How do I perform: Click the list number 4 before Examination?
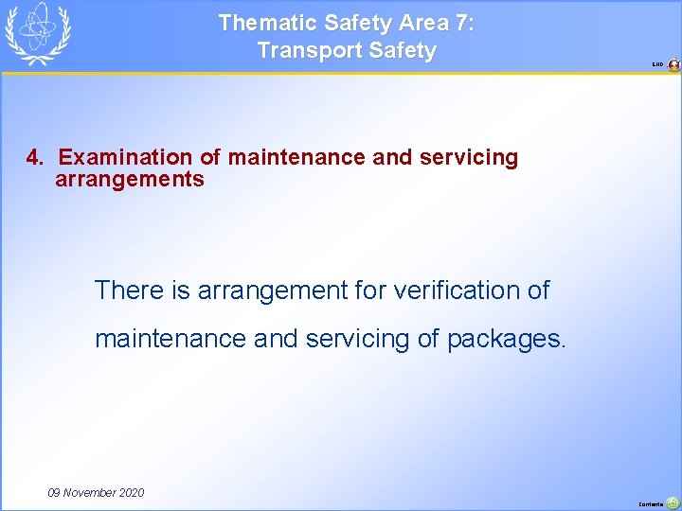32,157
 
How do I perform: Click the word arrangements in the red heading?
130,179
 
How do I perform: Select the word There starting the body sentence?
130,291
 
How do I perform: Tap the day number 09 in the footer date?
56,493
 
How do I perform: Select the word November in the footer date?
92,493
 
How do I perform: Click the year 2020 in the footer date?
133,493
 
